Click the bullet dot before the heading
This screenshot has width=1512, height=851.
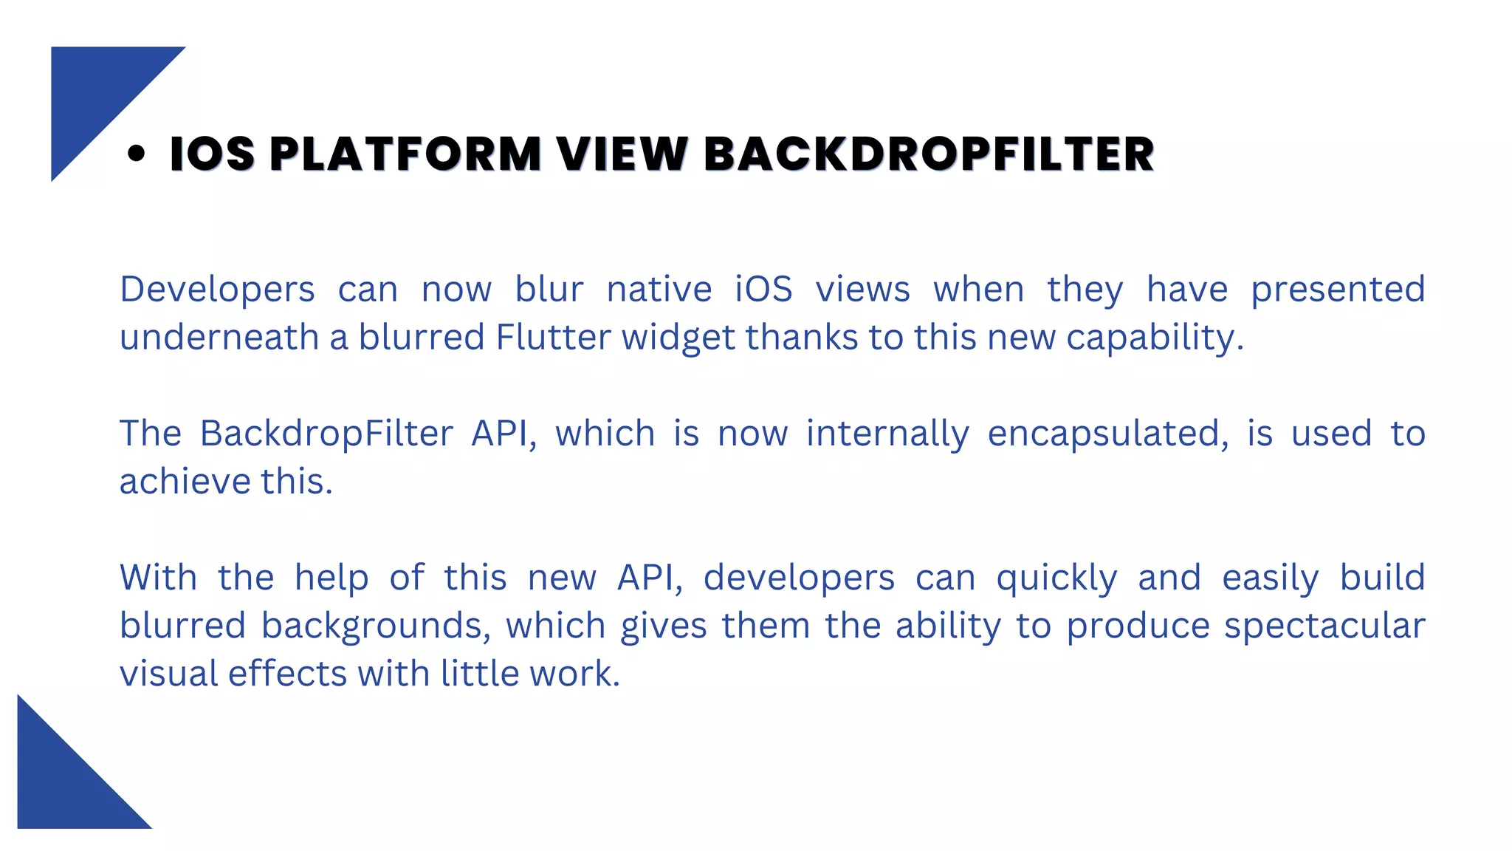point(136,154)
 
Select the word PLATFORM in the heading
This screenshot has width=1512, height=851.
point(405,154)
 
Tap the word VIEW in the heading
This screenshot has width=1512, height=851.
point(622,154)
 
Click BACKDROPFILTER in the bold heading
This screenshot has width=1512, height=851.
point(929,154)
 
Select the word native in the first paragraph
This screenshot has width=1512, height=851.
point(659,289)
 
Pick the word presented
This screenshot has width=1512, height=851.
point(1337,289)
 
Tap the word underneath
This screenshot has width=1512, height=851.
point(219,337)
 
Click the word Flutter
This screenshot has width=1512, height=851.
point(553,337)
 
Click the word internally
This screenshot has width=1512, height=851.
point(887,434)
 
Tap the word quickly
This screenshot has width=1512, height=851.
point(1056,578)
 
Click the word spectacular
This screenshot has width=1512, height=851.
point(1324,626)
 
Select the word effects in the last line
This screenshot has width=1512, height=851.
point(287,674)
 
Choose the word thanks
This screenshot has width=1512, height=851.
point(801,337)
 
